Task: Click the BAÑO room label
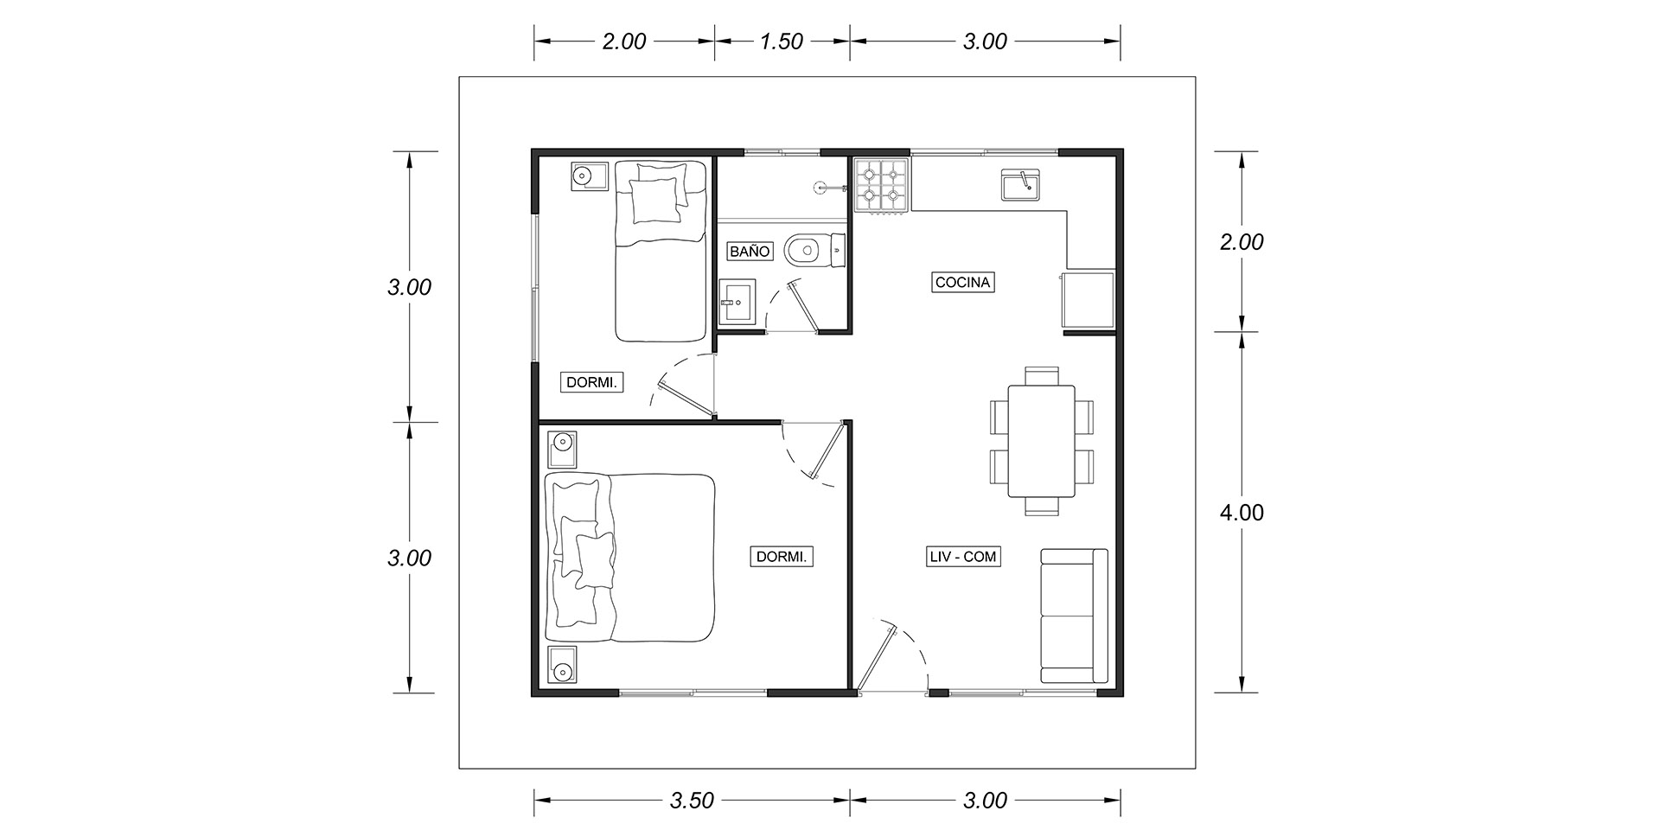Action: (750, 252)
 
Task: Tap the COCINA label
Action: (962, 282)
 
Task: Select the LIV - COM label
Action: (963, 557)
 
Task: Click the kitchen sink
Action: (1022, 185)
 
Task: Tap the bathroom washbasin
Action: (737, 302)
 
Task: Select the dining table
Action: (1041, 441)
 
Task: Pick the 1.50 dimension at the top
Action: (782, 41)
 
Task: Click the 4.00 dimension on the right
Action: (1242, 513)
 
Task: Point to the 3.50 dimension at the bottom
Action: (692, 801)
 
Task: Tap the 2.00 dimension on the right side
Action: (1242, 242)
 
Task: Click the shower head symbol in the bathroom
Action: (820, 185)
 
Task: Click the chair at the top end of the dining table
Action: (1041, 376)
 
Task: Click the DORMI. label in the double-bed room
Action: (782, 557)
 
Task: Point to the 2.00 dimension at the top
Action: (623, 41)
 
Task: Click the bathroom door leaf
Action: (802, 305)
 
